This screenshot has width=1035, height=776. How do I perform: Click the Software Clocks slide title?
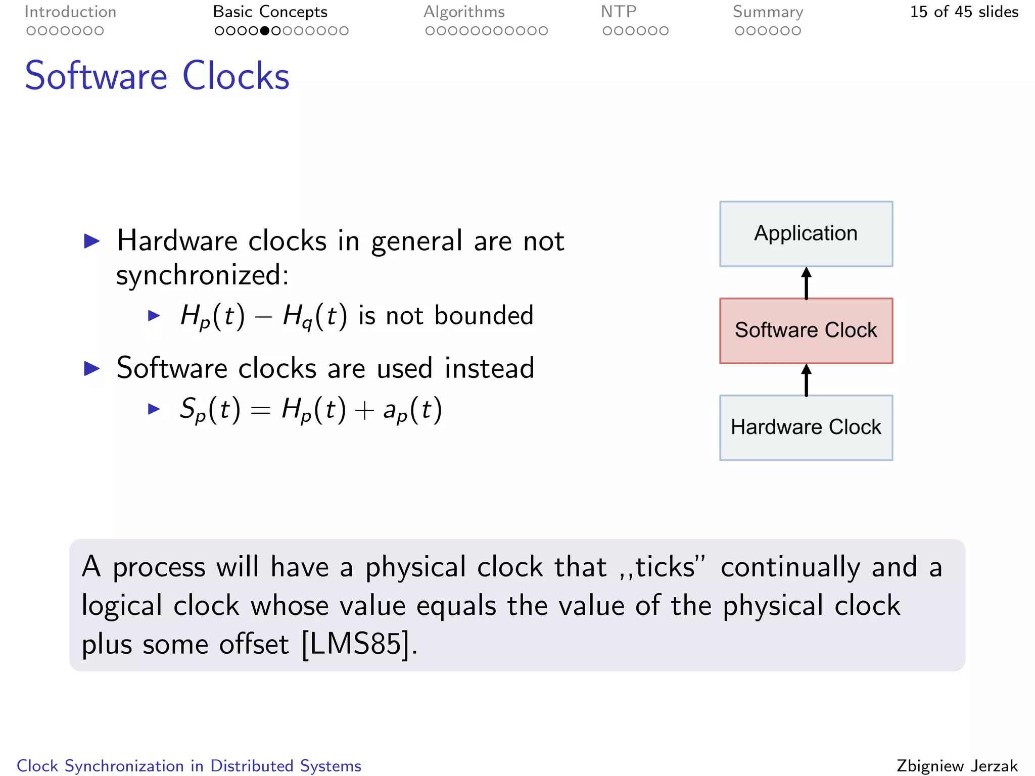[x=157, y=76]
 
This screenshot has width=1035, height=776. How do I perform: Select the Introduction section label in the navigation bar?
[x=70, y=12]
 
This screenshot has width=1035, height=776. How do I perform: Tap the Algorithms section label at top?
[x=464, y=12]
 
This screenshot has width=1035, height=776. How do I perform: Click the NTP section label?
[x=619, y=12]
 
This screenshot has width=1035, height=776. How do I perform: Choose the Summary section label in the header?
[x=768, y=12]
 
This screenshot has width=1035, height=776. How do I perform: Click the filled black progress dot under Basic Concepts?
[x=264, y=31]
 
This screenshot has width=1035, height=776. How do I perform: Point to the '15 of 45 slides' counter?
[x=964, y=12]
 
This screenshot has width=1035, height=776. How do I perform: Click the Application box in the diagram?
[x=806, y=234]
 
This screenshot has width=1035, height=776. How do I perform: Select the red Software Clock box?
[x=806, y=331]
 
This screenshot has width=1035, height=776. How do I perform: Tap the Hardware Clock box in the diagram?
[x=806, y=427]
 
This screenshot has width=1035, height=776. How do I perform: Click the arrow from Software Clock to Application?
[x=807, y=283]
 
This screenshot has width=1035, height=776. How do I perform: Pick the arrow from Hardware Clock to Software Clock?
[x=807, y=380]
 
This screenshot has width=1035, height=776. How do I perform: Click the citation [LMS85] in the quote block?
[x=356, y=644]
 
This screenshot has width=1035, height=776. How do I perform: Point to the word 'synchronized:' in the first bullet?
[x=202, y=276]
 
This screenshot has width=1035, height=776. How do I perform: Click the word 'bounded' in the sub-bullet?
[x=484, y=316]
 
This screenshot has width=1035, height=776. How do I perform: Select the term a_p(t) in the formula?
[x=412, y=410]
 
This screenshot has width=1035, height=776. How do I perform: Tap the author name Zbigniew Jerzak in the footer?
[x=957, y=765]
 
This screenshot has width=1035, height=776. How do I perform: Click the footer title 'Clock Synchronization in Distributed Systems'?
[x=189, y=765]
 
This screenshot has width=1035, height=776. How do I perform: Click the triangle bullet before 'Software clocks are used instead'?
[x=92, y=368]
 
